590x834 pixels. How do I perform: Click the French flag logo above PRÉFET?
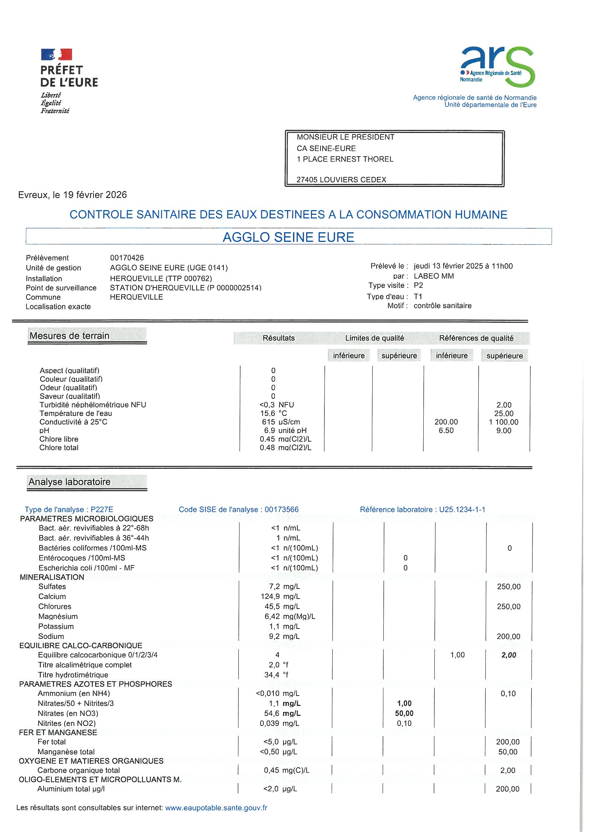pyautogui.click(x=56, y=55)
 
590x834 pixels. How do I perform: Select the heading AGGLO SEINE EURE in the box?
pyautogui.click(x=288, y=237)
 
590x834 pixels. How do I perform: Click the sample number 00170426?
pyautogui.click(x=127, y=258)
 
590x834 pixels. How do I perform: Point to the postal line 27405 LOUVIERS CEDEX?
pyautogui.click(x=341, y=180)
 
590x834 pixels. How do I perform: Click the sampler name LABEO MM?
pyautogui.click(x=434, y=276)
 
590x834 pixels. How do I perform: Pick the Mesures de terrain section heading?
pyautogui.click(x=70, y=336)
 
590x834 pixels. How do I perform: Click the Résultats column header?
pyautogui.click(x=278, y=338)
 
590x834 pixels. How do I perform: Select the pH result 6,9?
pyautogui.click(x=269, y=431)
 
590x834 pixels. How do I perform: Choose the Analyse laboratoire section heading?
pyautogui.click(x=70, y=482)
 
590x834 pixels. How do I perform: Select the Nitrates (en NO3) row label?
pyautogui.click(x=68, y=713)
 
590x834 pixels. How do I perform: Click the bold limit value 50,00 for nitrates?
pyautogui.click(x=404, y=713)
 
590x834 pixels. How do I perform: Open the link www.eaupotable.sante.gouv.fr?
pyautogui.click(x=216, y=808)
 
